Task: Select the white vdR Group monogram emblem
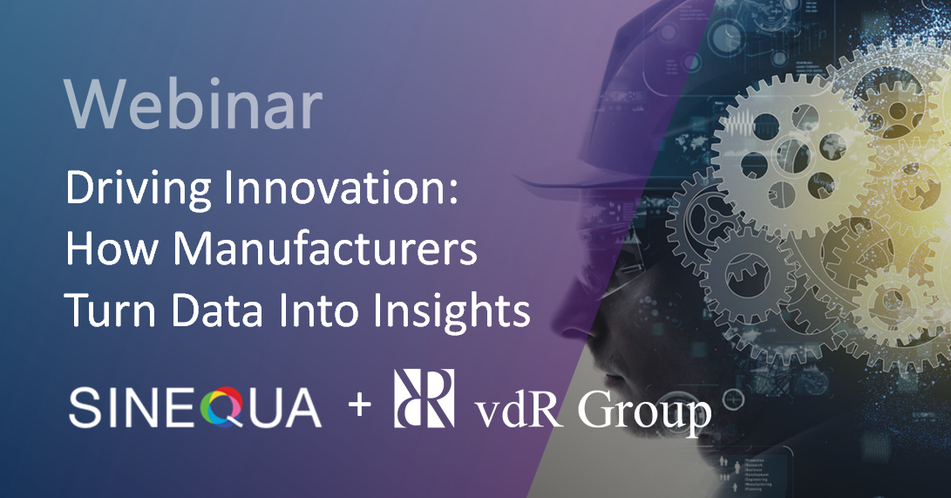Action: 425,398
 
